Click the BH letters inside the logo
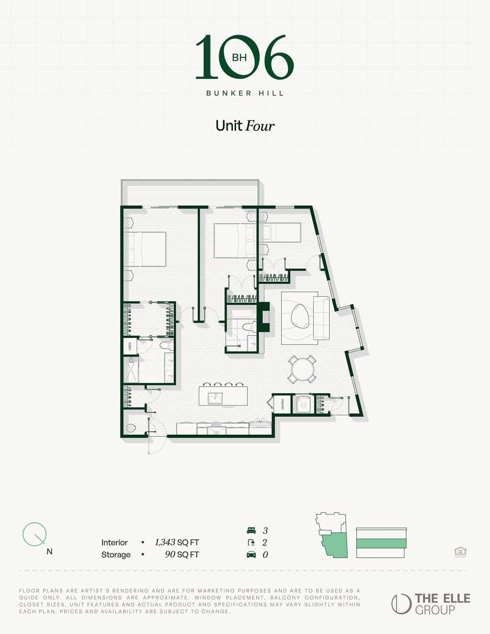(239, 58)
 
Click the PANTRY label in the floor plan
(282, 404)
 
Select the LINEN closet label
(130, 346)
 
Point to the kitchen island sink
(215, 398)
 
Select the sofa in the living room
(321, 318)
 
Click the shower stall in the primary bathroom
(131, 369)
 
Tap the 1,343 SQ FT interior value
(177, 542)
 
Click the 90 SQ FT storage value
(182, 554)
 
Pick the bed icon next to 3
(251, 531)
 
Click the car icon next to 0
(251, 555)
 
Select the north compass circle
(34, 534)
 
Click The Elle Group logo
(431, 604)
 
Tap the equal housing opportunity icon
(460, 551)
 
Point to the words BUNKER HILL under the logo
(245, 93)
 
